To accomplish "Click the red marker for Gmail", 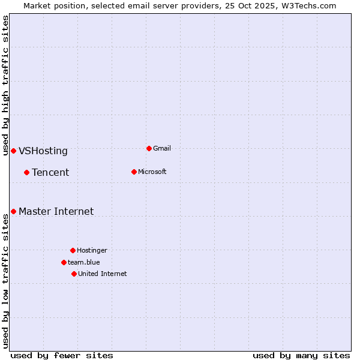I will tap(149, 148).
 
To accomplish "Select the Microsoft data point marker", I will tap(134, 172).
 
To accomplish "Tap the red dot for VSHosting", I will tap(13, 151).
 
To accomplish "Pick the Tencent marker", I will tap(26, 172).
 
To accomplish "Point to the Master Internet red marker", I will tap(13, 211).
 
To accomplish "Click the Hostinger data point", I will tap(73, 250).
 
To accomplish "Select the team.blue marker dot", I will tap(64, 262).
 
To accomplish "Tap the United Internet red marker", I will tap(74, 274).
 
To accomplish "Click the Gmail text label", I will tap(162, 148).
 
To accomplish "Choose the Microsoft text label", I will tap(152, 172).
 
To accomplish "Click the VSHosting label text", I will tap(43, 151).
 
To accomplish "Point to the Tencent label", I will tap(50, 173).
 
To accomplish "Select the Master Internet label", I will tap(56, 211).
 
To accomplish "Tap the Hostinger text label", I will tap(92, 250).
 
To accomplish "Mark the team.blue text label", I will tap(83, 262).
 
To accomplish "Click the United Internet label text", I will tap(102, 274).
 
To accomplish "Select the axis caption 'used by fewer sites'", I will tap(62, 355).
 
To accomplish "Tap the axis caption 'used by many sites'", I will tap(301, 355).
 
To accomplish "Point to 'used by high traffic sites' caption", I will tap(5, 85).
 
